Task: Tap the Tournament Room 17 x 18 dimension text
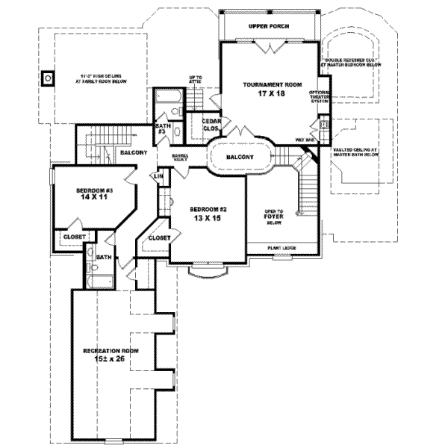[x=272, y=94]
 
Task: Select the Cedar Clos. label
[x=211, y=125]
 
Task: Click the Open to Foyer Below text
[x=273, y=217]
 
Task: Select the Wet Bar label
[x=304, y=140]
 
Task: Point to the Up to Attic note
[x=196, y=81]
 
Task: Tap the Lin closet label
[x=158, y=176]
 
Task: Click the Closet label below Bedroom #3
[x=75, y=236]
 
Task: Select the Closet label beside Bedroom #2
[x=160, y=237]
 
